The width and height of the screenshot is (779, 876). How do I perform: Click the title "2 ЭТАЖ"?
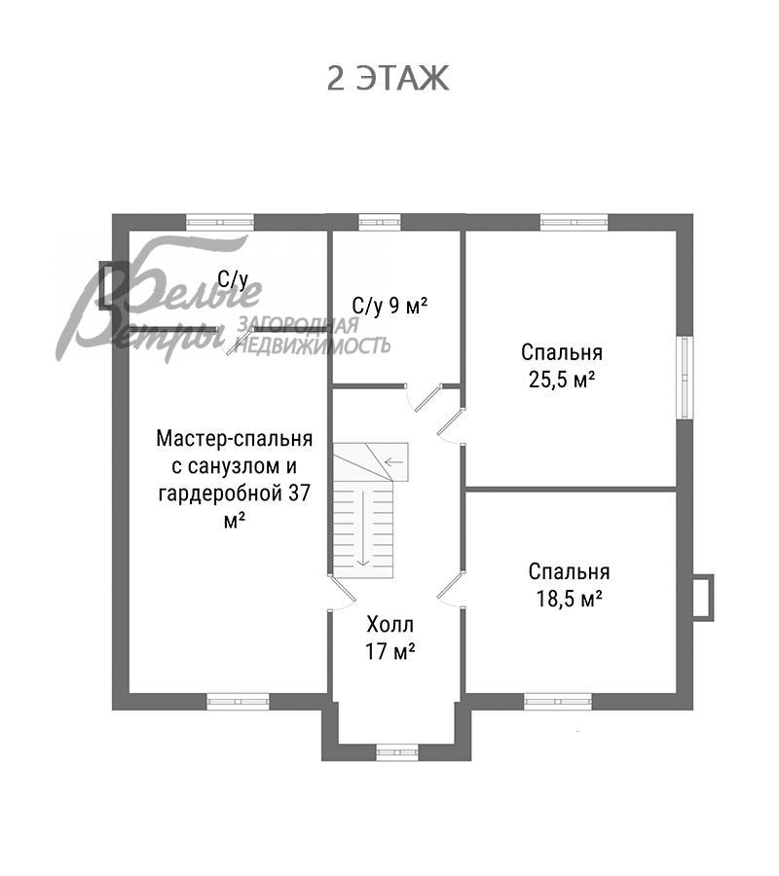pos(389,78)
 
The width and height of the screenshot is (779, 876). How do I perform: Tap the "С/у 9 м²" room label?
pos(389,306)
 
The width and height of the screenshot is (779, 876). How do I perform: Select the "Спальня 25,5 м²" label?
pos(562,366)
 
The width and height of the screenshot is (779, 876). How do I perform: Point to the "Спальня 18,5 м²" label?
pos(570,584)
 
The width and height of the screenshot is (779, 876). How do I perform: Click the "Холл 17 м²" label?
pos(390,638)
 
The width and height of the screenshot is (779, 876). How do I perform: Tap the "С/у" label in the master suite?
pos(233,280)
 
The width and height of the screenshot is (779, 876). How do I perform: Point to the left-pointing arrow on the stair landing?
pos(394,461)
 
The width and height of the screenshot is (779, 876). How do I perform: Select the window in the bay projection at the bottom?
pos(396,751)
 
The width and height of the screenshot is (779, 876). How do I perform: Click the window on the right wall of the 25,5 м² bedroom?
pos(686,379)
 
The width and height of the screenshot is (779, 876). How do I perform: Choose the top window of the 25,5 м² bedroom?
pos(574,222)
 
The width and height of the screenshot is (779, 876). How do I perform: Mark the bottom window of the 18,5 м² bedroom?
pos(557,700)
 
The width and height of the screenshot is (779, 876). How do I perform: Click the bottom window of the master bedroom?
pos(238,700)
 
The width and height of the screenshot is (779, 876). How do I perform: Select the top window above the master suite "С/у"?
pos(220,222)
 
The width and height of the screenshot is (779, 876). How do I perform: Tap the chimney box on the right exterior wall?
pos(702,596)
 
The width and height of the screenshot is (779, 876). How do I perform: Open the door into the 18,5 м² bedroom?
pos(450,590)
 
